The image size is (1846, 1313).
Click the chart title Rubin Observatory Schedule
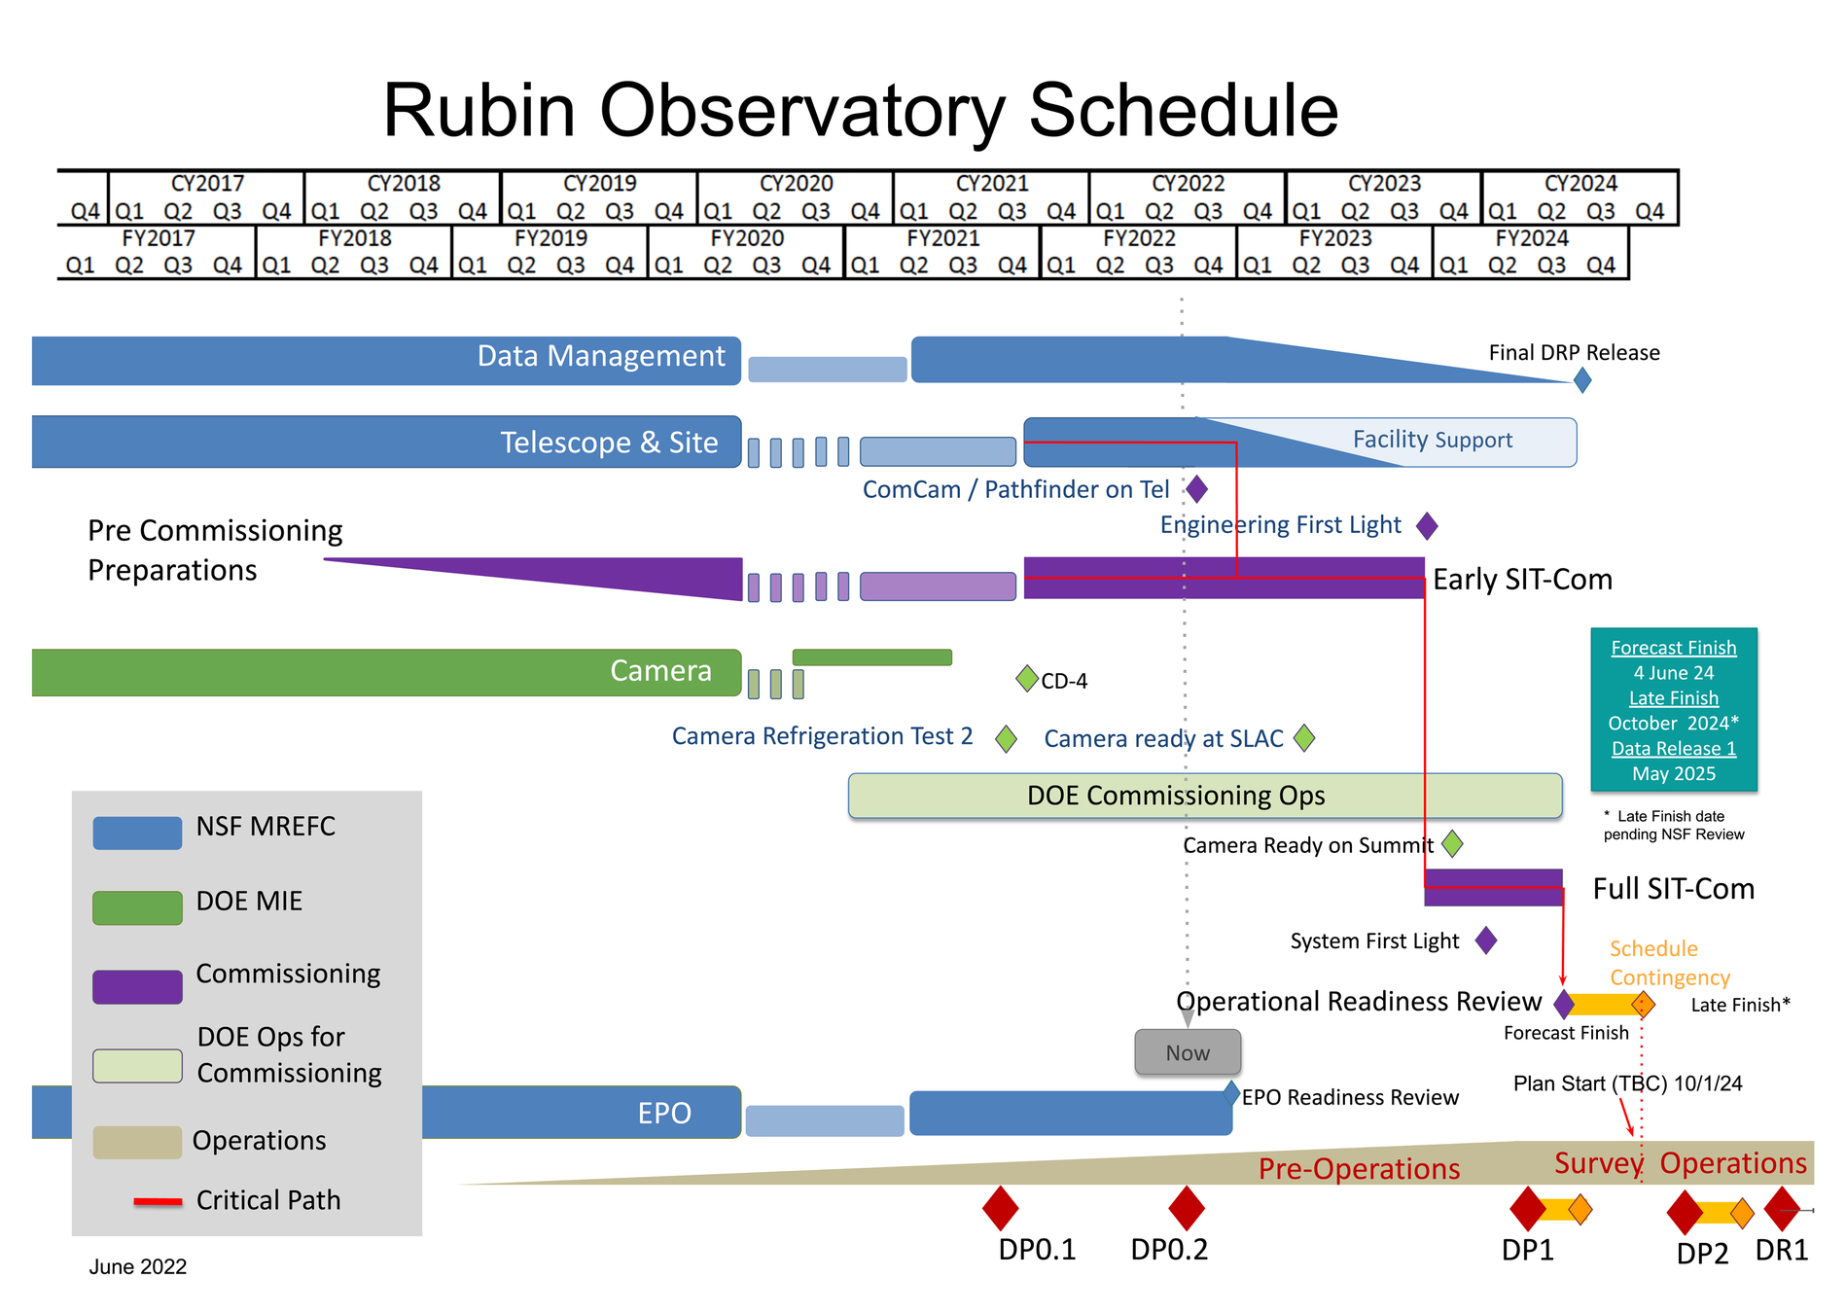860,110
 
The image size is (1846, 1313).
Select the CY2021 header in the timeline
991,184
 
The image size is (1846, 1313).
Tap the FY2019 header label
550,238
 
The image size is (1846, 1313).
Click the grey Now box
1188,1052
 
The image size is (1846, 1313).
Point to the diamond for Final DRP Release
1582,380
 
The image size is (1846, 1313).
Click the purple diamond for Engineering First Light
1427,526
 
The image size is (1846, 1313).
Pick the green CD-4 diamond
1026,678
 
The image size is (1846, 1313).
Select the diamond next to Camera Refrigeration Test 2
1007,738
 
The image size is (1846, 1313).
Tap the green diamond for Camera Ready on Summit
1452,843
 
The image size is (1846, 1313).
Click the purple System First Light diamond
1485,940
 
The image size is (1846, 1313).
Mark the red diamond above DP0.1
1000,1208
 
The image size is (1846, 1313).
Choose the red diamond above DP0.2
1186,1208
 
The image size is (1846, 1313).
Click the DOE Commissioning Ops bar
1204,796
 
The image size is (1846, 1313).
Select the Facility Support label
1432,440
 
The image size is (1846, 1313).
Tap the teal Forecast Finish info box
1673,709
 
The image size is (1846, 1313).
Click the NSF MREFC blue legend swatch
137,833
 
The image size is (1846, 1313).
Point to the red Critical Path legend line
158,1202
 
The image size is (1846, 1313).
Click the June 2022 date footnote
138,1266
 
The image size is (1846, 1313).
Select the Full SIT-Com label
1673,889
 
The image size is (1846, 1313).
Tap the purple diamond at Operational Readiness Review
1564,1004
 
